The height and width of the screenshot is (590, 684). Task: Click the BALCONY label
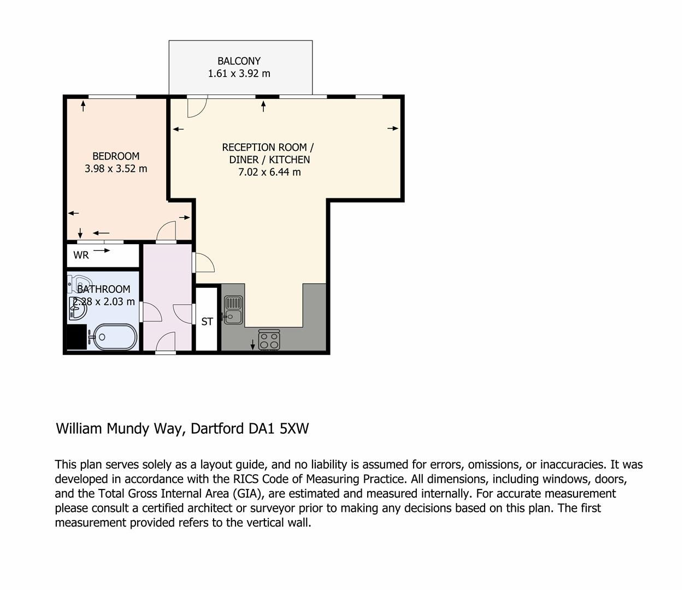239,61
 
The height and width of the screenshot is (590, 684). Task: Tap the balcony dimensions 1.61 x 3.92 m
239,73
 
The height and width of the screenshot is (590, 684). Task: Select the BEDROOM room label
116,156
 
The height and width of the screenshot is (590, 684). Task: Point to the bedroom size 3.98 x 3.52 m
116,168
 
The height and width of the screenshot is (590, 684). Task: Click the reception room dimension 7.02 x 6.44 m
269,172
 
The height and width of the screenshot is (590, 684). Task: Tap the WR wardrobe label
81,255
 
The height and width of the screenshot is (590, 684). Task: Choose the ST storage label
207,321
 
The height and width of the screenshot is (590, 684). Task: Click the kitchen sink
233,310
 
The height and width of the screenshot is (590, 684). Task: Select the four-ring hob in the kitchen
269,340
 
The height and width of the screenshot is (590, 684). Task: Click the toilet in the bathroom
78,284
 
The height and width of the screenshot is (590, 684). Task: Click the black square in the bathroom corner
77,337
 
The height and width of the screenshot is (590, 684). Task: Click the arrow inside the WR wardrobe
102,251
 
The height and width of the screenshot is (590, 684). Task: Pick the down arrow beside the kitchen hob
252,345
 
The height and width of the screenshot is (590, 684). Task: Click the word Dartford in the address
217,428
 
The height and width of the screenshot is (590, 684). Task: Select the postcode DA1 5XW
278,428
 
